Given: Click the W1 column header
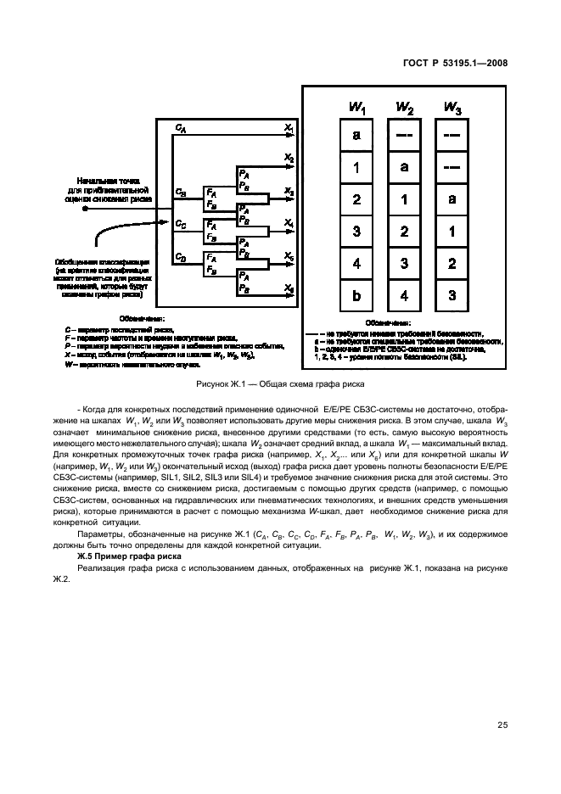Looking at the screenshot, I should click(356, 108).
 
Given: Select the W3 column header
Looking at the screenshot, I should click(452, 108).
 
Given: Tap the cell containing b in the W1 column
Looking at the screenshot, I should click(356, 296).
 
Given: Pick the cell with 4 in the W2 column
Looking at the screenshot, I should click(405, 296).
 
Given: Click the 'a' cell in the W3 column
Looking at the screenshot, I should click(452, 200).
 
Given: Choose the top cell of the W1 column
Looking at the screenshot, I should click(356, 136).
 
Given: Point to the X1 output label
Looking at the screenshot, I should click(289, 127).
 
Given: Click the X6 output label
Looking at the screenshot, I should click(289, 288).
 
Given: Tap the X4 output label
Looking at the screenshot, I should click(289, 223).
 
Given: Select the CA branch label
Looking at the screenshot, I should click(181, 127).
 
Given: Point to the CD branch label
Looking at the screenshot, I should click(181, 256).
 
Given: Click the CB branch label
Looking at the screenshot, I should click(181, 192).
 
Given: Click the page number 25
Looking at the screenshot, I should click(502, 724).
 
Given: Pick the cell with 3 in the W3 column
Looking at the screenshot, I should click(452, 296).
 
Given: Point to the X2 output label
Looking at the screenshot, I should click(289, 159).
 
